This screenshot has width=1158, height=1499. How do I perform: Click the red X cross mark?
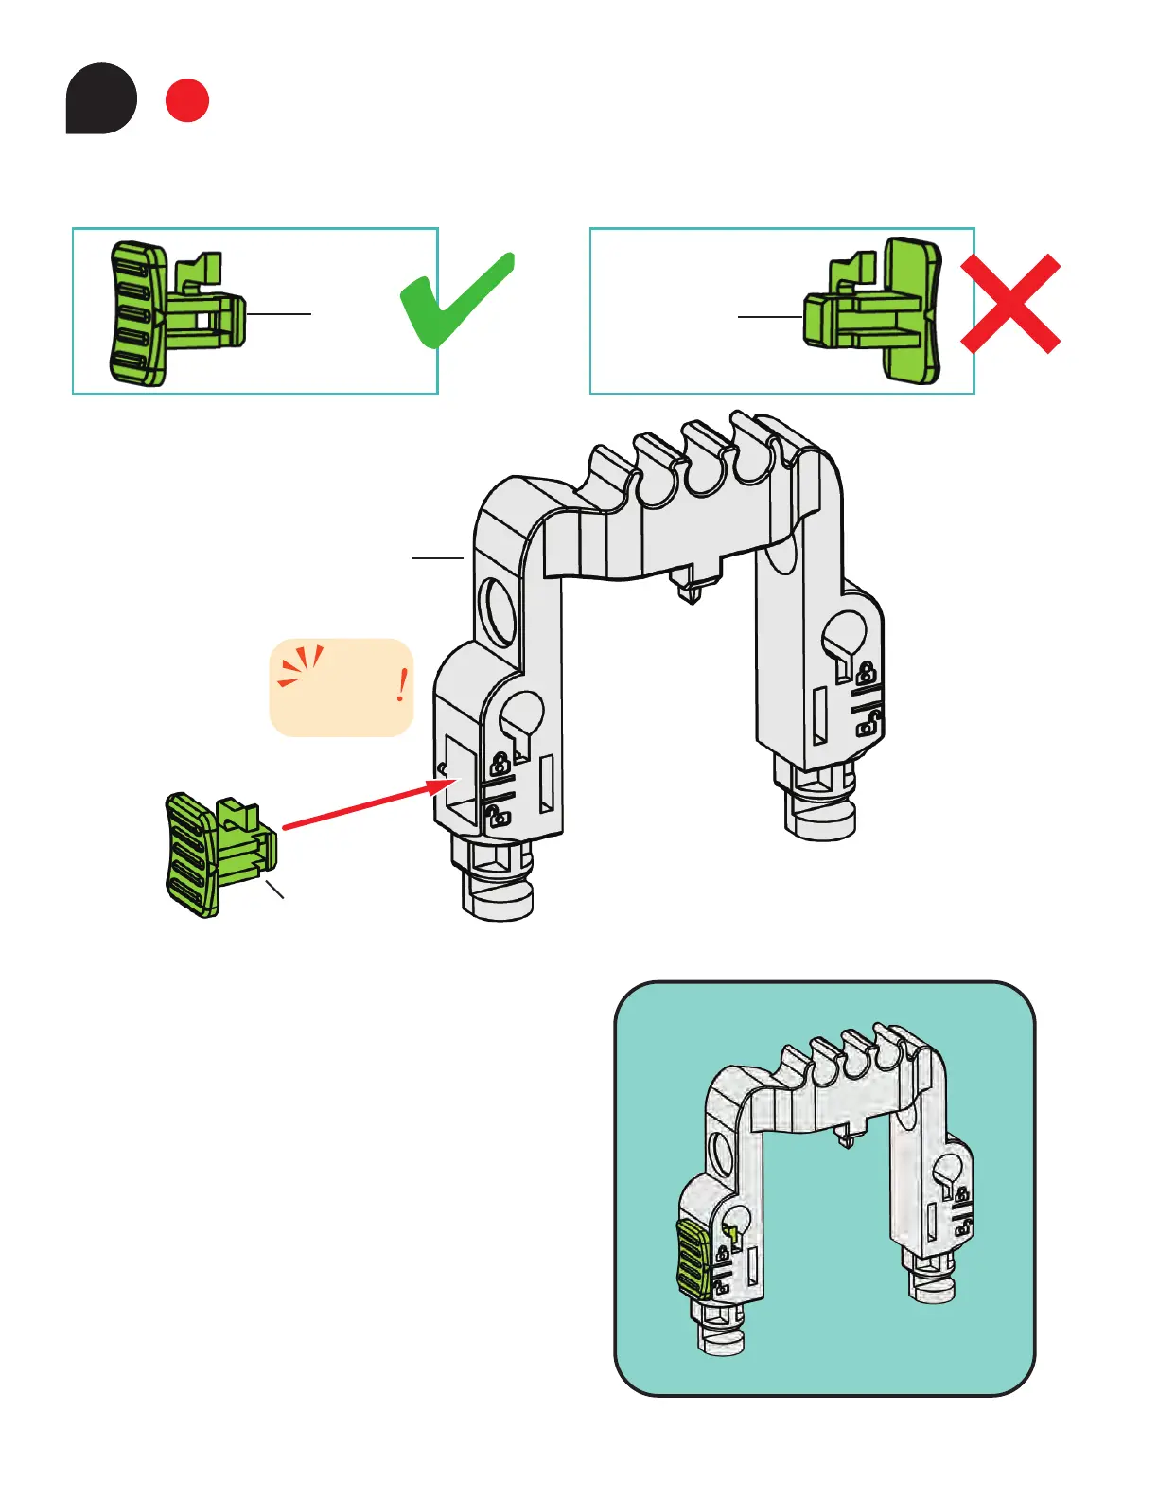[1010, 304]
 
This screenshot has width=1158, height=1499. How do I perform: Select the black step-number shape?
[101, 98]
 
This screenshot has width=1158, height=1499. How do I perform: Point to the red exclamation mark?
[402, 684]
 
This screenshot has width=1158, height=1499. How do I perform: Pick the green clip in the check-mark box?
[175, 312]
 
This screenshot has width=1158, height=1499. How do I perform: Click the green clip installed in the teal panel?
[692, 1258]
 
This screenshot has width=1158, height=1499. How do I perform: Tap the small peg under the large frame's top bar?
[691, 588]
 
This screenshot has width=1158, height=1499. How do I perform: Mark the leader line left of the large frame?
[437, 558]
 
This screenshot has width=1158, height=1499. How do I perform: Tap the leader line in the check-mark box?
[278, 313]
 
